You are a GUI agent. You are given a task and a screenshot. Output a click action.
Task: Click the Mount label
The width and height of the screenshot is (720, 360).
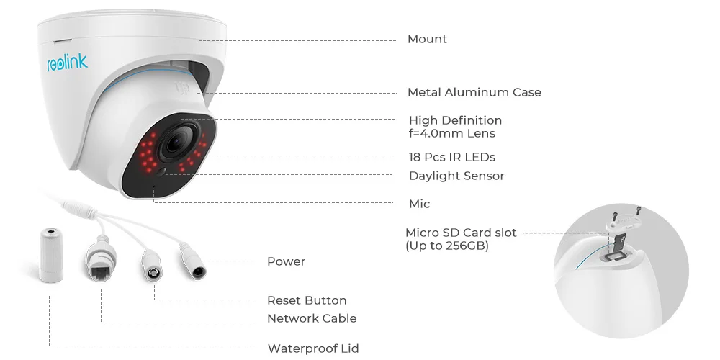427,39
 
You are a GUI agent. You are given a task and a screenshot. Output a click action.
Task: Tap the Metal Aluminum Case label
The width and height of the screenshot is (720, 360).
474,92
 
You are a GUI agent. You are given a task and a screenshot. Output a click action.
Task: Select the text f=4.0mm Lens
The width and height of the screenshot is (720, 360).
451,133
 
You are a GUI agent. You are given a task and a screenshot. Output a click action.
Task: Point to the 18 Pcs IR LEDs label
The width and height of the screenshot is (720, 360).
451,157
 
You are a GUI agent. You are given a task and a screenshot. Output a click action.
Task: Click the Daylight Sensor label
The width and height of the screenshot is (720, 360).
456,176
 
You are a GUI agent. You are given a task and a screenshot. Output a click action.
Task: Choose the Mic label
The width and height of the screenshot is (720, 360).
419,204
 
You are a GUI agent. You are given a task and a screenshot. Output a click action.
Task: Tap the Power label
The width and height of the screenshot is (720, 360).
286,261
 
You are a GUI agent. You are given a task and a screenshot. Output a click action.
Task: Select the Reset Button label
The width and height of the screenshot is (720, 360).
307,300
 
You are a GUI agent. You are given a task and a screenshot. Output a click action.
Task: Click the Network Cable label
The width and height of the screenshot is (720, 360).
312,318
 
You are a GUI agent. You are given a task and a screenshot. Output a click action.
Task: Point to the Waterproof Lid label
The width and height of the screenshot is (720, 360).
313,348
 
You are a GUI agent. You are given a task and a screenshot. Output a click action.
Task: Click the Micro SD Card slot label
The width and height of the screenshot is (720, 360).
461,233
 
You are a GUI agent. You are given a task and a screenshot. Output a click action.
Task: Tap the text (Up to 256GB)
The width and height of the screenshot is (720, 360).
447,246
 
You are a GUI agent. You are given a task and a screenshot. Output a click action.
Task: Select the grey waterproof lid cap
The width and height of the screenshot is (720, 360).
50,256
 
